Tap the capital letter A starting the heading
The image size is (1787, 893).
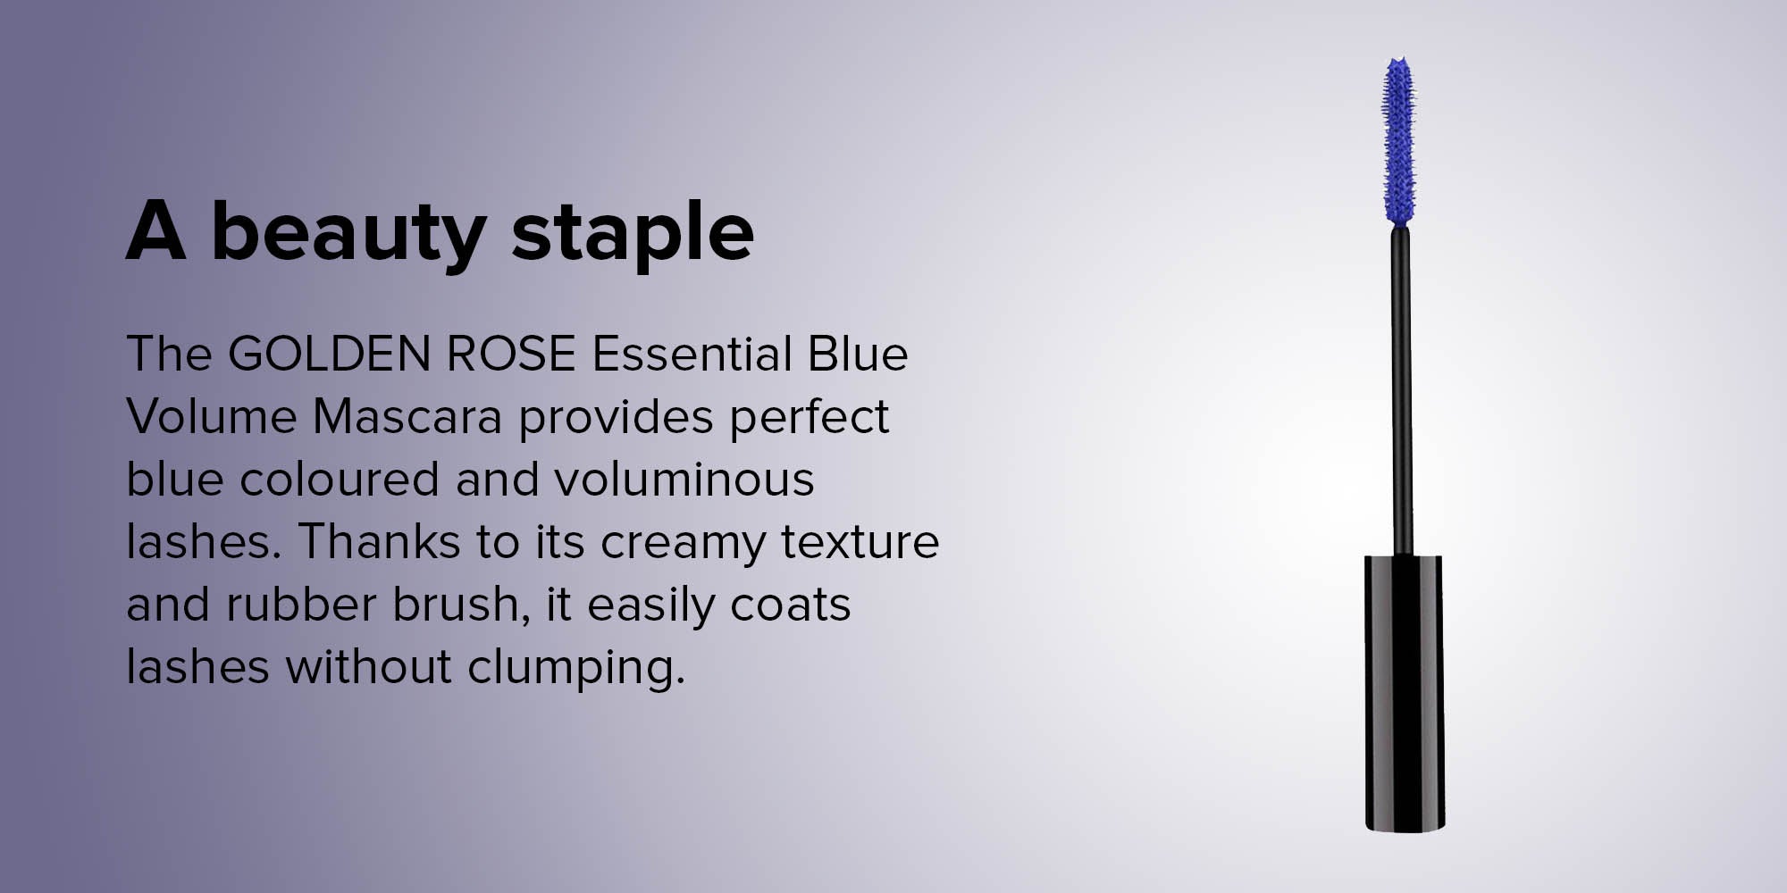pos(156,230)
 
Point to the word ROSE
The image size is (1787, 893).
pos(511,354)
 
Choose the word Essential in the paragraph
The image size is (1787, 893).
pos(692,354)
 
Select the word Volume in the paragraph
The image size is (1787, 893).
pos(212,417)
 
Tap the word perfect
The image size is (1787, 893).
pos(809,417)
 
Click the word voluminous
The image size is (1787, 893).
pos(684,480)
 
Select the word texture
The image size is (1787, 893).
pos(860,543)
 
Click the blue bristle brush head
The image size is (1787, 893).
pos(1399,140)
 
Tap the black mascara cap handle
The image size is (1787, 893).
pos(1404,692)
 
